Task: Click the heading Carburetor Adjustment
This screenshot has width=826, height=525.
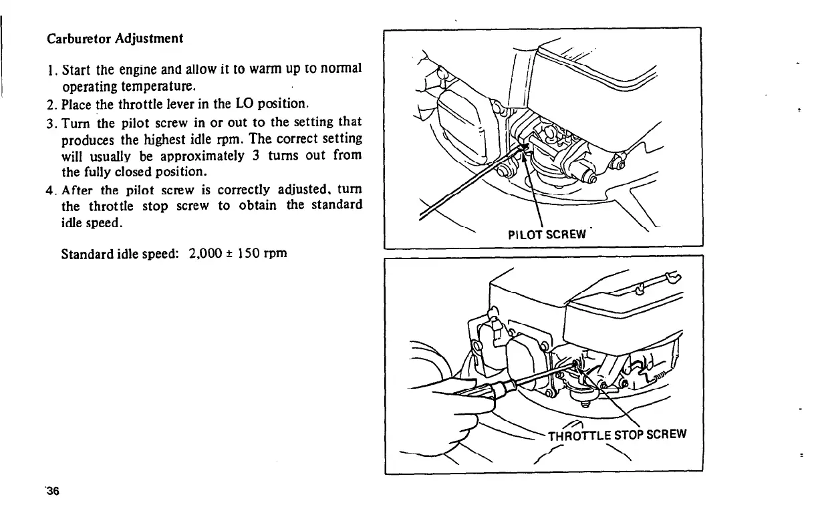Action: (x=115, y=38)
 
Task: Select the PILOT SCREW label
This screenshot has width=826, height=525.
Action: (x=547, y=234)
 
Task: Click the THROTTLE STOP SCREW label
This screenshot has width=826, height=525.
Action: (x=617, y=436)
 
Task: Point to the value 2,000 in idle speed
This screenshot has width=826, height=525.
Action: (x=209, y=254)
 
